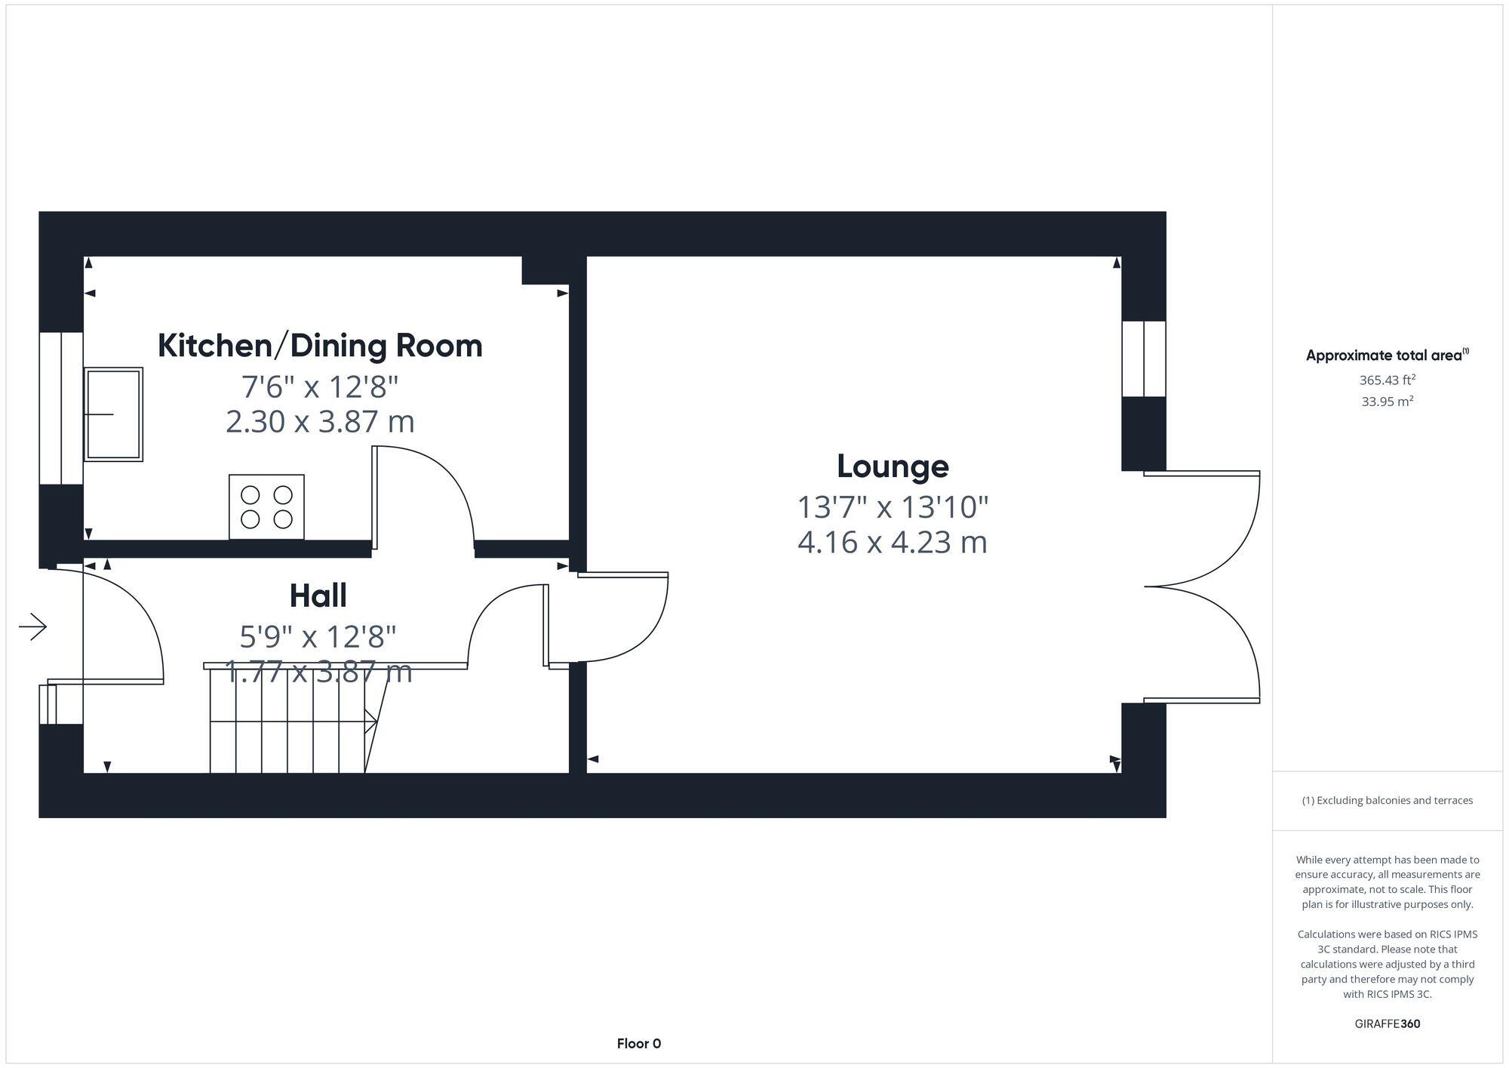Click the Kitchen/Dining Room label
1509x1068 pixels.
click(320, 346)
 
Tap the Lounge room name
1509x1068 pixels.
click(893, 466)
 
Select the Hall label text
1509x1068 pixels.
click(318, 596)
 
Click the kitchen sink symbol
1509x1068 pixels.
click(113, 414)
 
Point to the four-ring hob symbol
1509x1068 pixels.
click(266, 506)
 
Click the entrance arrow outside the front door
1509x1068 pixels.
click(33, 626)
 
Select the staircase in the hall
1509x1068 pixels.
click(290, 722)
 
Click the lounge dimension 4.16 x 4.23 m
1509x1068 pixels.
click(893, 543)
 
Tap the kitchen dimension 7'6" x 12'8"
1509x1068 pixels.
click(320, 387)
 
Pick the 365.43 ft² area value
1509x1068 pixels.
click(1387, 380)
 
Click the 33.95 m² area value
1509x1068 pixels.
click(1387, 402)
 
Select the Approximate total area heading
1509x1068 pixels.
click(1387, 355)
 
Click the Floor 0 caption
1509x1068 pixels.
click(638, 1044)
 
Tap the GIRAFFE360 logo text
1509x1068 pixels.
click(1387, 1024)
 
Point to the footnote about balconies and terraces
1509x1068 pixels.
click(1387, 801)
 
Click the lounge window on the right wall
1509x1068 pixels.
click(1144, 359)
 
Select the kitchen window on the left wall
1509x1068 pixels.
click(61, 408)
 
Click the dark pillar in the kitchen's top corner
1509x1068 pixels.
click(545, 270)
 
